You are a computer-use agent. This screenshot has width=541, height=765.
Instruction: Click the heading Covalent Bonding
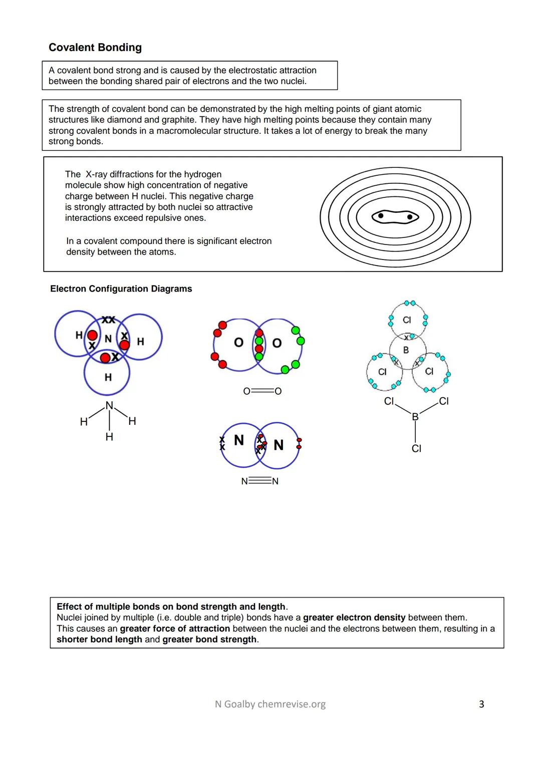point(95,48)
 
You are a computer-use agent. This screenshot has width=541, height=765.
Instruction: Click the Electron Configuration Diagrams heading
point(121,289)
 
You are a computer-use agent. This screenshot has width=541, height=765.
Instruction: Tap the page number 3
point(481,704)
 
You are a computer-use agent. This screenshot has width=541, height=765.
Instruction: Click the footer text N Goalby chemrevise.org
point(270,704)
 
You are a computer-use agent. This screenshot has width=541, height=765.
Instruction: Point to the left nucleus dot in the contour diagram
point(381,215)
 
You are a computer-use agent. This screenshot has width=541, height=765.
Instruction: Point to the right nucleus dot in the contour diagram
point(410,217)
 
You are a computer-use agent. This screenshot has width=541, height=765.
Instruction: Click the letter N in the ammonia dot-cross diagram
point(108,339)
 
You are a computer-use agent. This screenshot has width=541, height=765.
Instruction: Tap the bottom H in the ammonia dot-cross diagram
point(108,377)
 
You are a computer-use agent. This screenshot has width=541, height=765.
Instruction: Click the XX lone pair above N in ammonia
point(108,320)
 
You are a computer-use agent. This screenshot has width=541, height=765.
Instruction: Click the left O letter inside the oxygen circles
point(239,343)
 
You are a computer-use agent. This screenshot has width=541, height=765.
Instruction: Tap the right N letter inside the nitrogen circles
point(279,445)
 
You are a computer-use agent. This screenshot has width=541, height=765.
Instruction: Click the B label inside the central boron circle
point(406,350)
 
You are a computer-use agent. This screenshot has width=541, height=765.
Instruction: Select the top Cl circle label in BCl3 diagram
point(407,320)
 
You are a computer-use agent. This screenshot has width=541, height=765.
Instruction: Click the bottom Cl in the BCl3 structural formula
point(416,449)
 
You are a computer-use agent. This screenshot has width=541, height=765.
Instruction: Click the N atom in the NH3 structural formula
point(109,405)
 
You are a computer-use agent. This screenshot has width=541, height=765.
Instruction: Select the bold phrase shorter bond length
point(99,640)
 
